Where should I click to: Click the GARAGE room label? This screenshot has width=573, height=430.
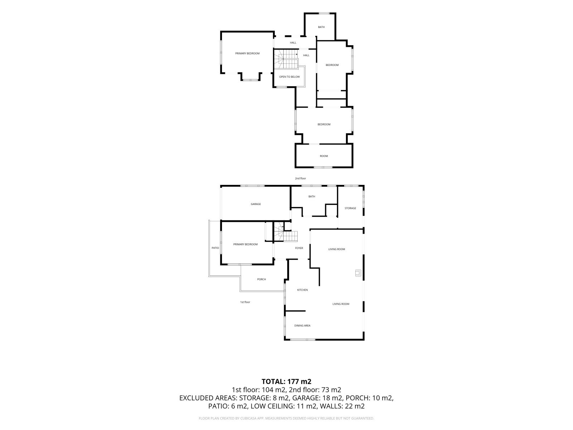click(256, 204)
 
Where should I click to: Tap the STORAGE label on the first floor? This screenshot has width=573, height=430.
click(350, 208)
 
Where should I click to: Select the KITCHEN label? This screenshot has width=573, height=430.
click(302, 290)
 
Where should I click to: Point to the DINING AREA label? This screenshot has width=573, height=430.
click(302, 326)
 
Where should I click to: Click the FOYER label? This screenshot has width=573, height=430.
click(299, 248)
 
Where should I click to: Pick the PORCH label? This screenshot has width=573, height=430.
click(261, 279)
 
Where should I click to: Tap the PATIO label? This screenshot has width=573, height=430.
click(215, 248)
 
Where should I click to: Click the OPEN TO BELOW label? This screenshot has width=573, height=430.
click(289, 77)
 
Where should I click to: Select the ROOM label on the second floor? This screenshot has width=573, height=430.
click(324, 156)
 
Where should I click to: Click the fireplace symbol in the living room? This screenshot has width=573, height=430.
click(358, 273)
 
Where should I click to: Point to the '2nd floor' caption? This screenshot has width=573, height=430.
click(300, 178)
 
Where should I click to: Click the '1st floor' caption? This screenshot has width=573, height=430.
click(245, 302)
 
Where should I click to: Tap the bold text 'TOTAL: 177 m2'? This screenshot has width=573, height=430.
click(286, 382)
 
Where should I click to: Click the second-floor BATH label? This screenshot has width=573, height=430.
click(321, 27)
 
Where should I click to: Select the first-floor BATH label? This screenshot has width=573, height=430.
click(312, 197)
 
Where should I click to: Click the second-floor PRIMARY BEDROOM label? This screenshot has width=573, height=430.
click(247, 53)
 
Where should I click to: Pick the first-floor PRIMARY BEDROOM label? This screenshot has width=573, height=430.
click(245, 244)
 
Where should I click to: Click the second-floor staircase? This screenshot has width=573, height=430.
click(285, 59)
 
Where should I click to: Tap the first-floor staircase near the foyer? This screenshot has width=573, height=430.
click(285, 232)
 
